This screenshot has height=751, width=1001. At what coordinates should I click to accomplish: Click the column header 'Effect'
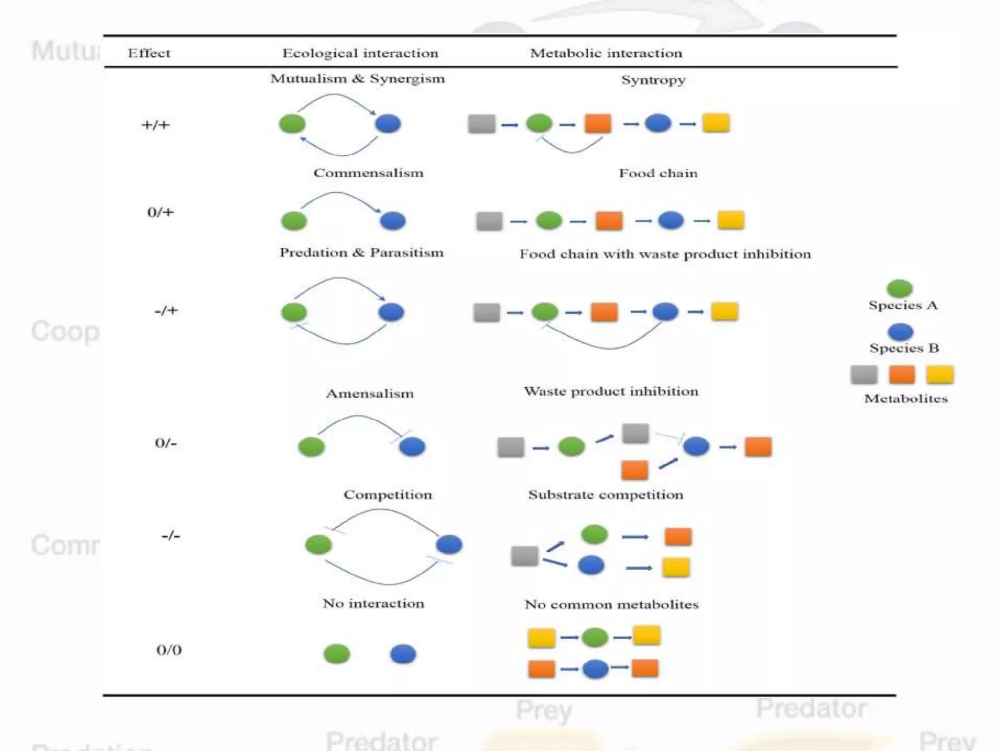point(149,53)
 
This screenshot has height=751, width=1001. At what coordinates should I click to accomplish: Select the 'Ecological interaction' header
point(360,53)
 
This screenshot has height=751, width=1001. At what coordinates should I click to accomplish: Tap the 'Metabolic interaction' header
point(606,53)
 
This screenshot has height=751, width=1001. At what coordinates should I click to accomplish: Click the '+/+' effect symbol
point(155,125)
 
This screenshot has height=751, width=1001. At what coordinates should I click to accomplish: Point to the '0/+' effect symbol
point(160,212)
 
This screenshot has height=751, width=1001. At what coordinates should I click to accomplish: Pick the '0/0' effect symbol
point(169,650)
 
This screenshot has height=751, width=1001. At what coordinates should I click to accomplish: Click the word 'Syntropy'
point(653,80)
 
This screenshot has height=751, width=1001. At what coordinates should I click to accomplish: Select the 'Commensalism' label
point(369,173)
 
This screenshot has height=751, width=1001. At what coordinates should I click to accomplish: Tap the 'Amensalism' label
point(370,394)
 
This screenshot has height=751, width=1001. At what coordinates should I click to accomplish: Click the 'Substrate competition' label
point(606,495)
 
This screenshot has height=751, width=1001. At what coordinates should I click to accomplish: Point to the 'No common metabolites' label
point(611,605)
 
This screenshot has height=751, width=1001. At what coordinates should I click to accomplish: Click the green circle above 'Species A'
point(899,288)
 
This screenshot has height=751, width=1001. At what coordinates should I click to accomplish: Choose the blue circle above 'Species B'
point(900,332)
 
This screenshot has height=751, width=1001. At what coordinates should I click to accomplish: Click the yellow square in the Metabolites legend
point(939,375)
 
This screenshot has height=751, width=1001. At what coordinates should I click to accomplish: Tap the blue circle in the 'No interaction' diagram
point(403,654)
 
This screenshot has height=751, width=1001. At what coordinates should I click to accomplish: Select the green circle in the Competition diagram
point(319,545)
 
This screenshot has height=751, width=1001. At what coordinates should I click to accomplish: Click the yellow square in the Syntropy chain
point(716,123)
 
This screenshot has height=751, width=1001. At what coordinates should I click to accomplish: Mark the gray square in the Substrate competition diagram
point(524,556)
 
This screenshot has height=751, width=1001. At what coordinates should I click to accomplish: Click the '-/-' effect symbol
point(171,536)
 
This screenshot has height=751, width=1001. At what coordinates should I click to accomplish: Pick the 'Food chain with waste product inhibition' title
point(665,254)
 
